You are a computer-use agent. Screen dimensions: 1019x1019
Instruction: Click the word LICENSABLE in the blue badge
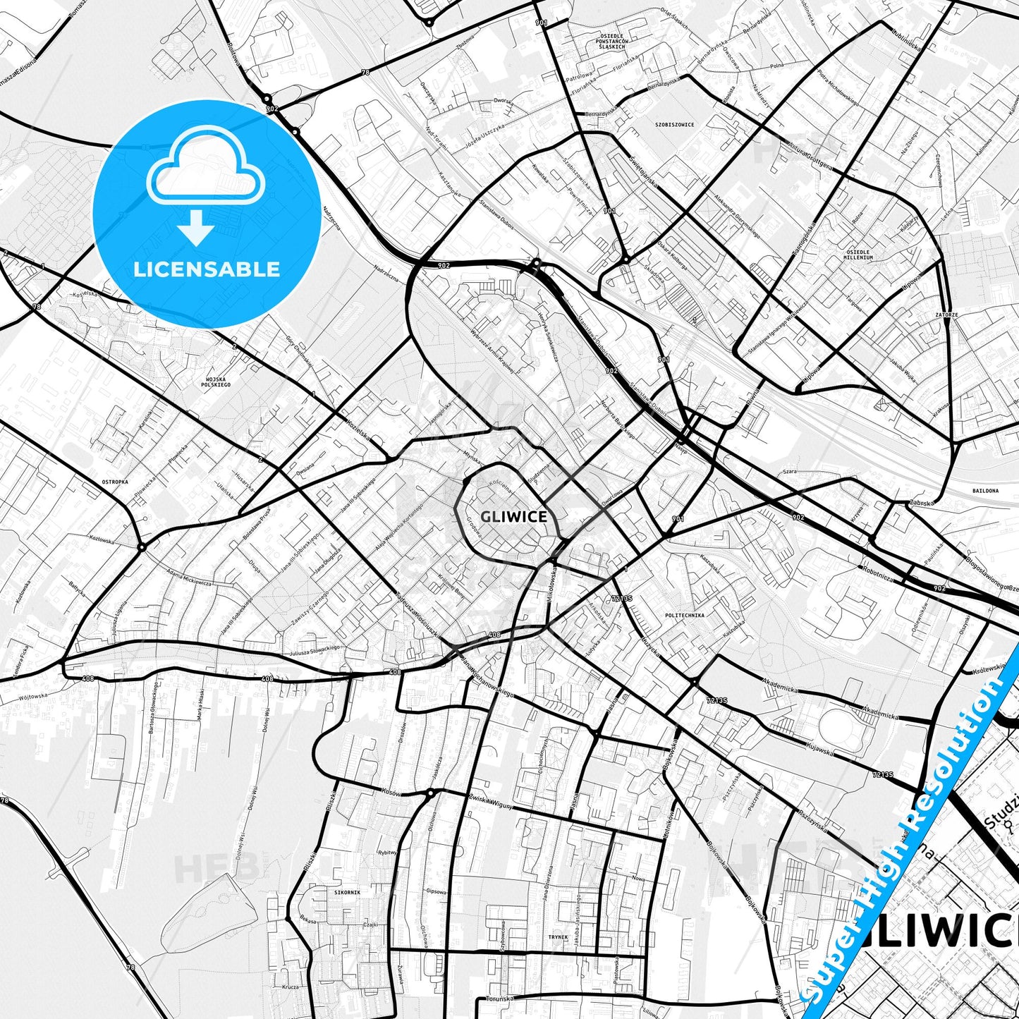(207, 269)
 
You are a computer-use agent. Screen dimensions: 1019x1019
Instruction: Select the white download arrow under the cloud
(196, 228)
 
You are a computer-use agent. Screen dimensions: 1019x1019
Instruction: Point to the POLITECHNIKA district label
(684, 615)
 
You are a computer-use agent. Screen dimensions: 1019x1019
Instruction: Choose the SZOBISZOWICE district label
(674, 125)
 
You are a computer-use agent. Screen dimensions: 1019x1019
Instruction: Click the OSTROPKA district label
(115, 482)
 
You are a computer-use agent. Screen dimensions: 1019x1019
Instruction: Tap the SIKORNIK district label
(347, 892)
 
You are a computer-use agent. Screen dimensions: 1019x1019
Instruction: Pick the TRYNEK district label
(558, 937)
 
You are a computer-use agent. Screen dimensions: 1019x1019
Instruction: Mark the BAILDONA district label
(985, 490)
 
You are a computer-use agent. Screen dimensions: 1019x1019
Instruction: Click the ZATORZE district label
(946, 315)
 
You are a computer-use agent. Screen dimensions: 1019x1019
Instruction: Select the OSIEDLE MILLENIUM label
(858, 255)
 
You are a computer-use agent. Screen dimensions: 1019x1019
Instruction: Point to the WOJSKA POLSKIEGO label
(216, 382)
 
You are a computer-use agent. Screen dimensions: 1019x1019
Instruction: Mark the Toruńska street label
(500, 999)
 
